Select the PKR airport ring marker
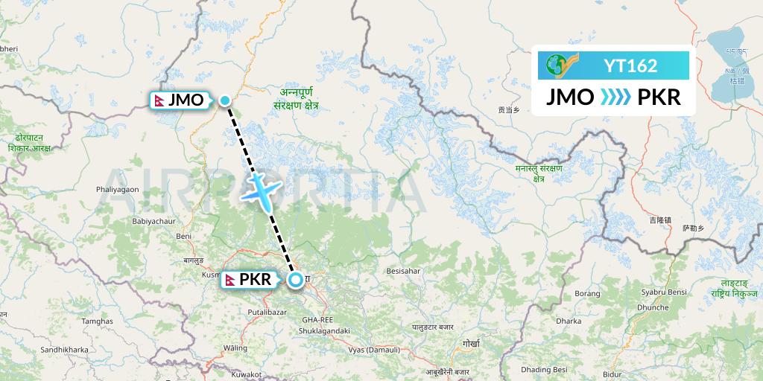click(x=295, y=280)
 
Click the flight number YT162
click(x=631, y=65)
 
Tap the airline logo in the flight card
click(x=560, y=65)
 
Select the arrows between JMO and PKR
click(x=614, y=97)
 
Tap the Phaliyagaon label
click(x=117, y=190)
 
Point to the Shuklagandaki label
click(x=323, y=330)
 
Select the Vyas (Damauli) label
click(x=375, y=349)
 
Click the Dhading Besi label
click(x=545, y=369)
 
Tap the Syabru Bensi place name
click(x=663, y=292)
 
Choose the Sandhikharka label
click(x=64, y=349)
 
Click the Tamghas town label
click(x=97, y=321)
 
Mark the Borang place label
click(x=588, y=293)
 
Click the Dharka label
click(x=569, y=321)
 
